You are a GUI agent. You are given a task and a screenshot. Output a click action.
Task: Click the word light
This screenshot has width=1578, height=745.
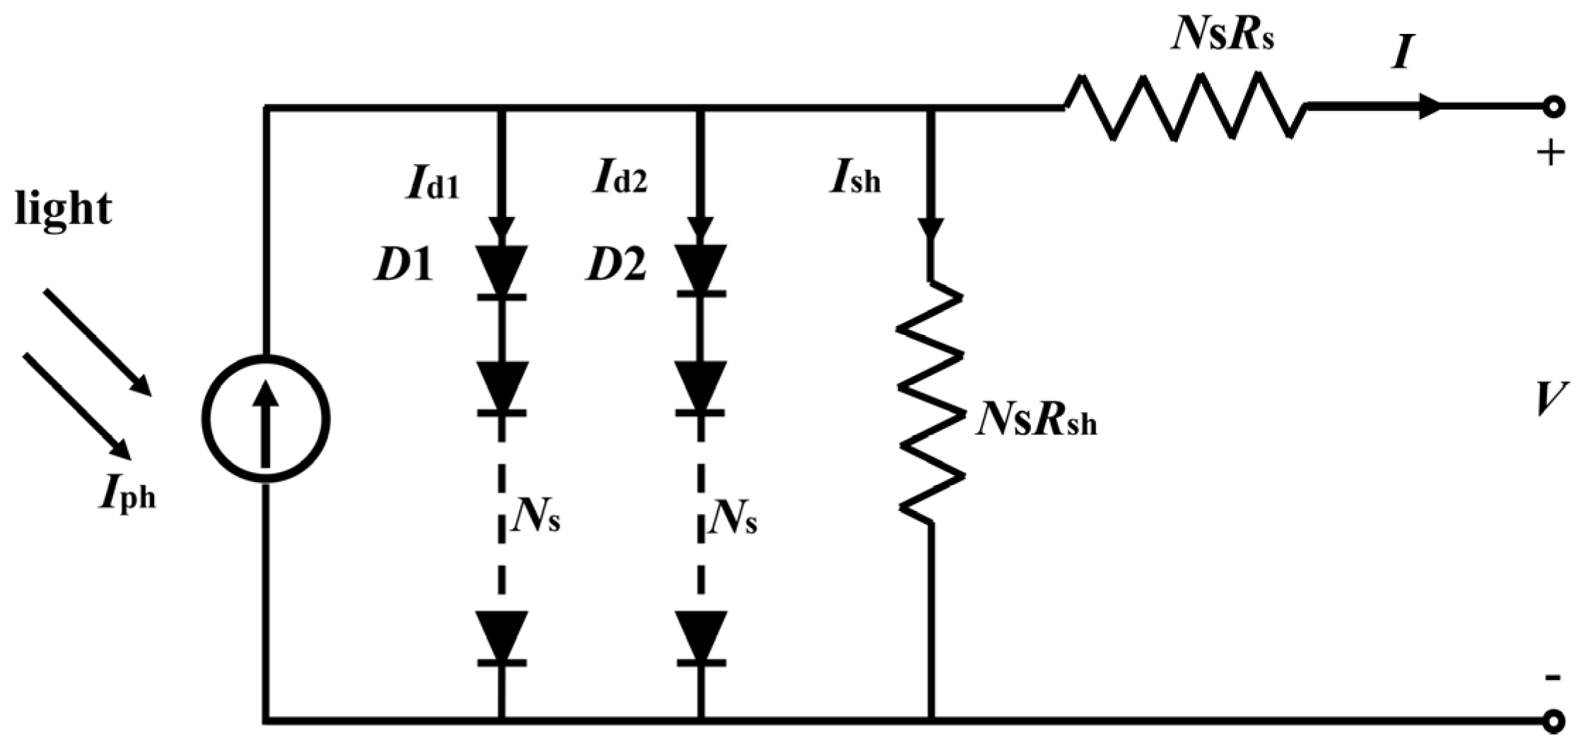pos(63,210)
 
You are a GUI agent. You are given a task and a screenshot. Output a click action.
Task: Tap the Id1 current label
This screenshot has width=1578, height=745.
pos(432,183)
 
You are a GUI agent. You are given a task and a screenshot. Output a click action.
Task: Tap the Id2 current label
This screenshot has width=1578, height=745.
pos(620,180)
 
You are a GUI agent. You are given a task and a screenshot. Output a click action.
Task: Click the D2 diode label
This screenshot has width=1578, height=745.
pos(616,266)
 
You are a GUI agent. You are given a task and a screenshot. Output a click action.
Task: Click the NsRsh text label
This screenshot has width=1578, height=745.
pos(1036,423)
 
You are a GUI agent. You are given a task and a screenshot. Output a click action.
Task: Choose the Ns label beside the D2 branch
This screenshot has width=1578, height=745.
pos(735,522)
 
